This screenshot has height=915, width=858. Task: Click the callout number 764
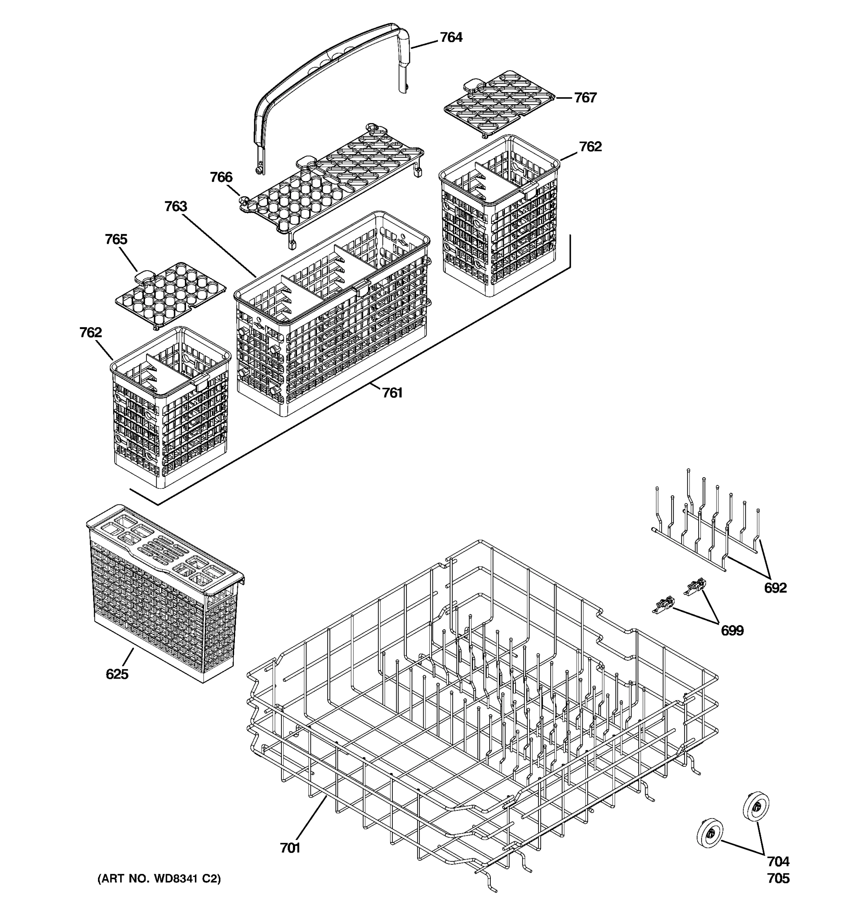[451, 37]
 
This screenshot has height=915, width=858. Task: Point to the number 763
[176, 206]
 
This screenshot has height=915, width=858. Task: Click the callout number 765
[116, 239]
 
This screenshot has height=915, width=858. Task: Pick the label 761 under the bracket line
[392, 393]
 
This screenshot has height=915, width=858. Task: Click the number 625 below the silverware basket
[117, 674]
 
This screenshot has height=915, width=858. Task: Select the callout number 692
[775, 588]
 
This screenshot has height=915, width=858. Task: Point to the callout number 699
[732, 630]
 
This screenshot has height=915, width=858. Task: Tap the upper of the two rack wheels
[756, 806]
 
